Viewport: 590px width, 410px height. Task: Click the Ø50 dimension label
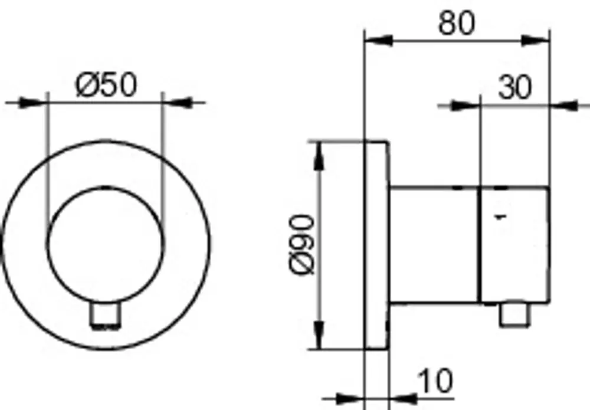(106, 85)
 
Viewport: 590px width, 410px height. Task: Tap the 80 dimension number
(457, 23)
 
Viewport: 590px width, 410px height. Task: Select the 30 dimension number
(515, 88)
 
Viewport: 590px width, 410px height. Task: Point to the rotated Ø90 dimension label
(301, 244)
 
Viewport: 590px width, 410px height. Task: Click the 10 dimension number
(435, 381)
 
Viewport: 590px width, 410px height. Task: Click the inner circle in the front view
(48, 244)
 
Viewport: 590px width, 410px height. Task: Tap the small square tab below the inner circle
(106, 315)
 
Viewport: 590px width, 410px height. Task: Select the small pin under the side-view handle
(514, 314)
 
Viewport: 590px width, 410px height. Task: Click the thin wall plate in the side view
(376, 245)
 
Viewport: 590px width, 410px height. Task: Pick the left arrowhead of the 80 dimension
(378, 40)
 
